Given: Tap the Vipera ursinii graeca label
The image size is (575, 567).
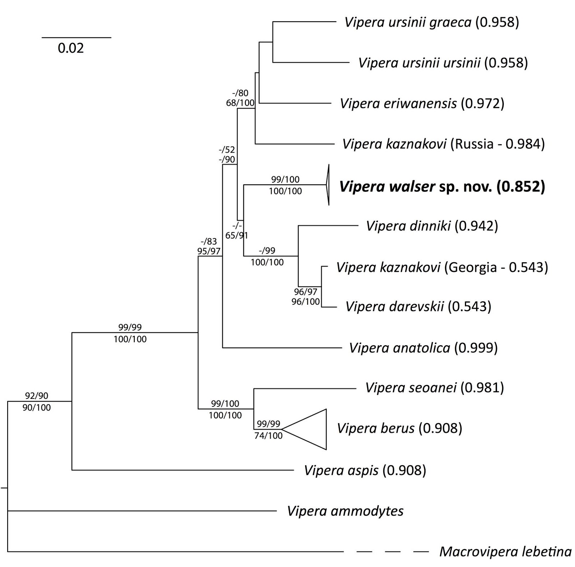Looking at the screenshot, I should tap(432, 22).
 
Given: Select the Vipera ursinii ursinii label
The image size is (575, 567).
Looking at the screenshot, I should tap(443, 63).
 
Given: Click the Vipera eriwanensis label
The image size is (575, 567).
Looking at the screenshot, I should tap(422, 103).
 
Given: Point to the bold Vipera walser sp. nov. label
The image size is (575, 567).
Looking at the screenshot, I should tap(442, 186).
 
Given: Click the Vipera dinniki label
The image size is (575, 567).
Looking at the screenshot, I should tap(432, 226).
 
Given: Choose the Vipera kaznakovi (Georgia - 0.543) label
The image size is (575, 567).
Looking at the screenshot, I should tap(442, 267).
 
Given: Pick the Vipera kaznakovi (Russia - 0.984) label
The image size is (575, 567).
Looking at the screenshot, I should tap(443, 144).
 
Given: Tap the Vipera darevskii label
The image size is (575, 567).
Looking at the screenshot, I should tap(418, 306).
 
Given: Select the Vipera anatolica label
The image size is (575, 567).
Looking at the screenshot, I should tap(423, 348).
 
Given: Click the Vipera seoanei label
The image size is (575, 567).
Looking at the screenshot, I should tap(434, 388).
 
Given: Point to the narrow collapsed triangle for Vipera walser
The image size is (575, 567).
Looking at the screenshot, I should tap(327, 185).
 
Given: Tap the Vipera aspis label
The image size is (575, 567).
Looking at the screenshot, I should tap(365, 470).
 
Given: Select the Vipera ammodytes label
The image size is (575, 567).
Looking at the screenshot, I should tap(345, 511).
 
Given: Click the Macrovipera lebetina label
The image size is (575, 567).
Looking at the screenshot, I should tap(505, 552).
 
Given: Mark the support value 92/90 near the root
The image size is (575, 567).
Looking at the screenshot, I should tap(36, 396).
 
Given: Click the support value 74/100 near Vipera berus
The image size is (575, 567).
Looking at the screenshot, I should tap(268, 436).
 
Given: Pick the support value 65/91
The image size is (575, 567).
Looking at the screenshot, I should tap(236, 236).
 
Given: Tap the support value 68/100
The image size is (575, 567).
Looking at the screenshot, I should tap(240, 103).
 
